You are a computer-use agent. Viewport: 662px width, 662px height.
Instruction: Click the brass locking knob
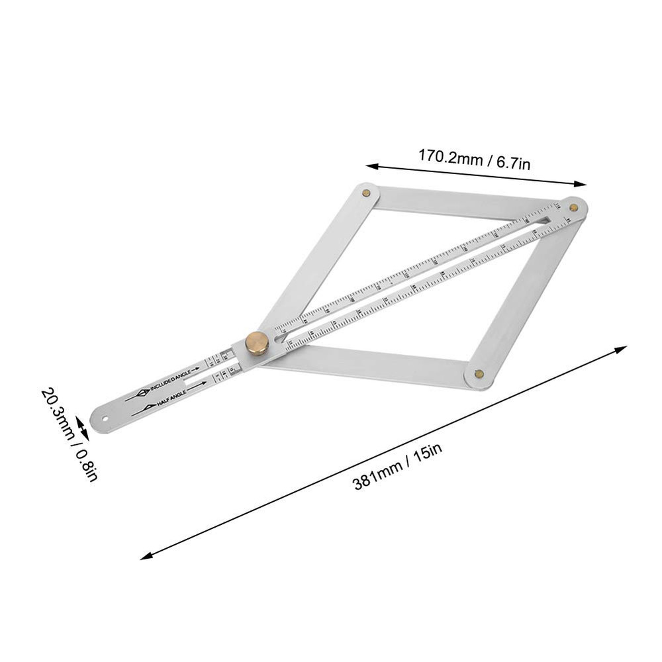[x=257, y=343]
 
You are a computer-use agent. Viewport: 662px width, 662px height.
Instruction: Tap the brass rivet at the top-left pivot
[x=366, y=193]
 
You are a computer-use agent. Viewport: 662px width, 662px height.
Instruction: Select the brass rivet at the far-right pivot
[x=573, y=207]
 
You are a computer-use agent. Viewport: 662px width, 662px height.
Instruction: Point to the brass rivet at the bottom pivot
[x=479, y=374]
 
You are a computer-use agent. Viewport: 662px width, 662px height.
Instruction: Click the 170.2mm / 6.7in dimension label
[x=473, y=160]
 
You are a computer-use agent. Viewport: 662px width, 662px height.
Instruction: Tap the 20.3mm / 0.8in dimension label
[x=68, y=434]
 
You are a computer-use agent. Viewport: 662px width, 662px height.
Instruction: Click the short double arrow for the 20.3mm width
[x=80, y=426]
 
